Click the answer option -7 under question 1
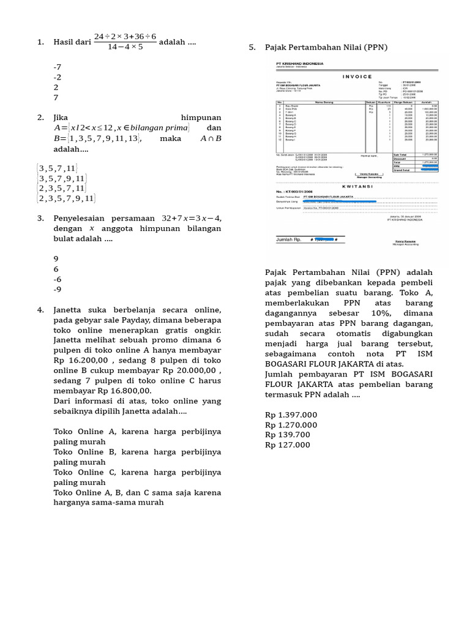click(x=58, y=66)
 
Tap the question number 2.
click(x=40, y=117)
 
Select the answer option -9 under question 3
click(x=58, y=290)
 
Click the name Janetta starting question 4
click(x=71, y=310)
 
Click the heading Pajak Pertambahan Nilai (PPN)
click(x=326, y=47)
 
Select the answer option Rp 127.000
click(x=288, y=445)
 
